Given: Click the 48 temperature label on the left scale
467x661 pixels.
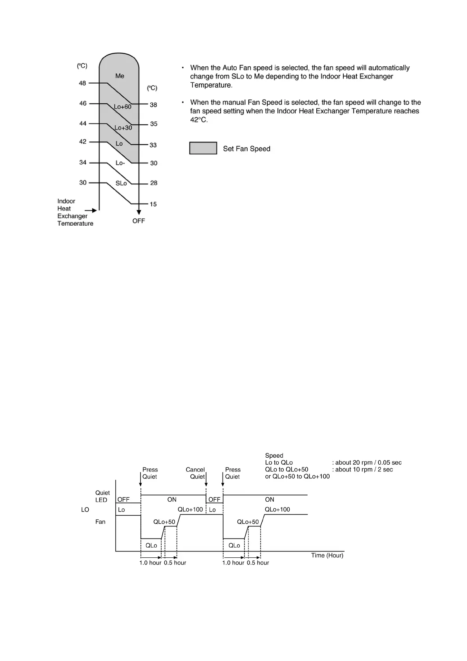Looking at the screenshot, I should click(82, 83).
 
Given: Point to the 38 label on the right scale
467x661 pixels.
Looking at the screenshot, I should click(153, 105).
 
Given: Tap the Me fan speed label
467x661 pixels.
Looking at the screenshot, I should click(120, 76).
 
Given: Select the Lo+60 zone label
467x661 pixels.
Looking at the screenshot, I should click(122, 107).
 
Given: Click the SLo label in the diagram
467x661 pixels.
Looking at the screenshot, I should click(121, 183).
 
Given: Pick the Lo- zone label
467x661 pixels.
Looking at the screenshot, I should click(120, 163).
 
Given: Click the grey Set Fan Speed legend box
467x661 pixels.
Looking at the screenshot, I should click(203, 148).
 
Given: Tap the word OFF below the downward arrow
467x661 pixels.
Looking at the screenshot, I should click(139, 221).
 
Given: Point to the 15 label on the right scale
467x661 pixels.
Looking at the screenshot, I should click(153, 204).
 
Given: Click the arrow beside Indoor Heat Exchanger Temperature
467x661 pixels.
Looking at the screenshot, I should click(91, 211).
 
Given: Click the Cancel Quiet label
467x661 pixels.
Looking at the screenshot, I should click(195, 473).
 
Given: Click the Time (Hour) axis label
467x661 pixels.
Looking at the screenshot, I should click(327, 555).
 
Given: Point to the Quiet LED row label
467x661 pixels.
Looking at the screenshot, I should click(102, 496).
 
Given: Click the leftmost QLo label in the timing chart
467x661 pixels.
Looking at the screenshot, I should click(151, 546).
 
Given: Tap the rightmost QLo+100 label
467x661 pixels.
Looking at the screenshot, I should click(277, 509).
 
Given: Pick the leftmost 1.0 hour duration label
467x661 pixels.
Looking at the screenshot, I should click(150, 563).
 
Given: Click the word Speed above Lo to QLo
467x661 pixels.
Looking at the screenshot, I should click(274, 456).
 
